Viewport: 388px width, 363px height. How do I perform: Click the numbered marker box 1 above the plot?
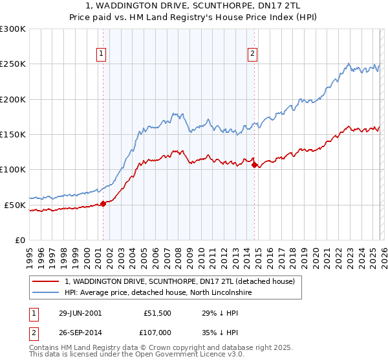click(x=102, y=54)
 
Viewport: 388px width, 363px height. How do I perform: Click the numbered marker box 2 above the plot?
click(x=252, y=54)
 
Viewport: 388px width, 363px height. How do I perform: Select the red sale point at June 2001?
click(x=103, y=204)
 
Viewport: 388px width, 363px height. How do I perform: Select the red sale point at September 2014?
click(x=254, y=165)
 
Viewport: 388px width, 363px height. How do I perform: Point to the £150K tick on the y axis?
click(x=14, y=135)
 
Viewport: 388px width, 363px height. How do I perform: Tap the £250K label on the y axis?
click(x=14, y=64)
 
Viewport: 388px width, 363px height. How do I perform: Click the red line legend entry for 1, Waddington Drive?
click(x=180, y=281)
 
